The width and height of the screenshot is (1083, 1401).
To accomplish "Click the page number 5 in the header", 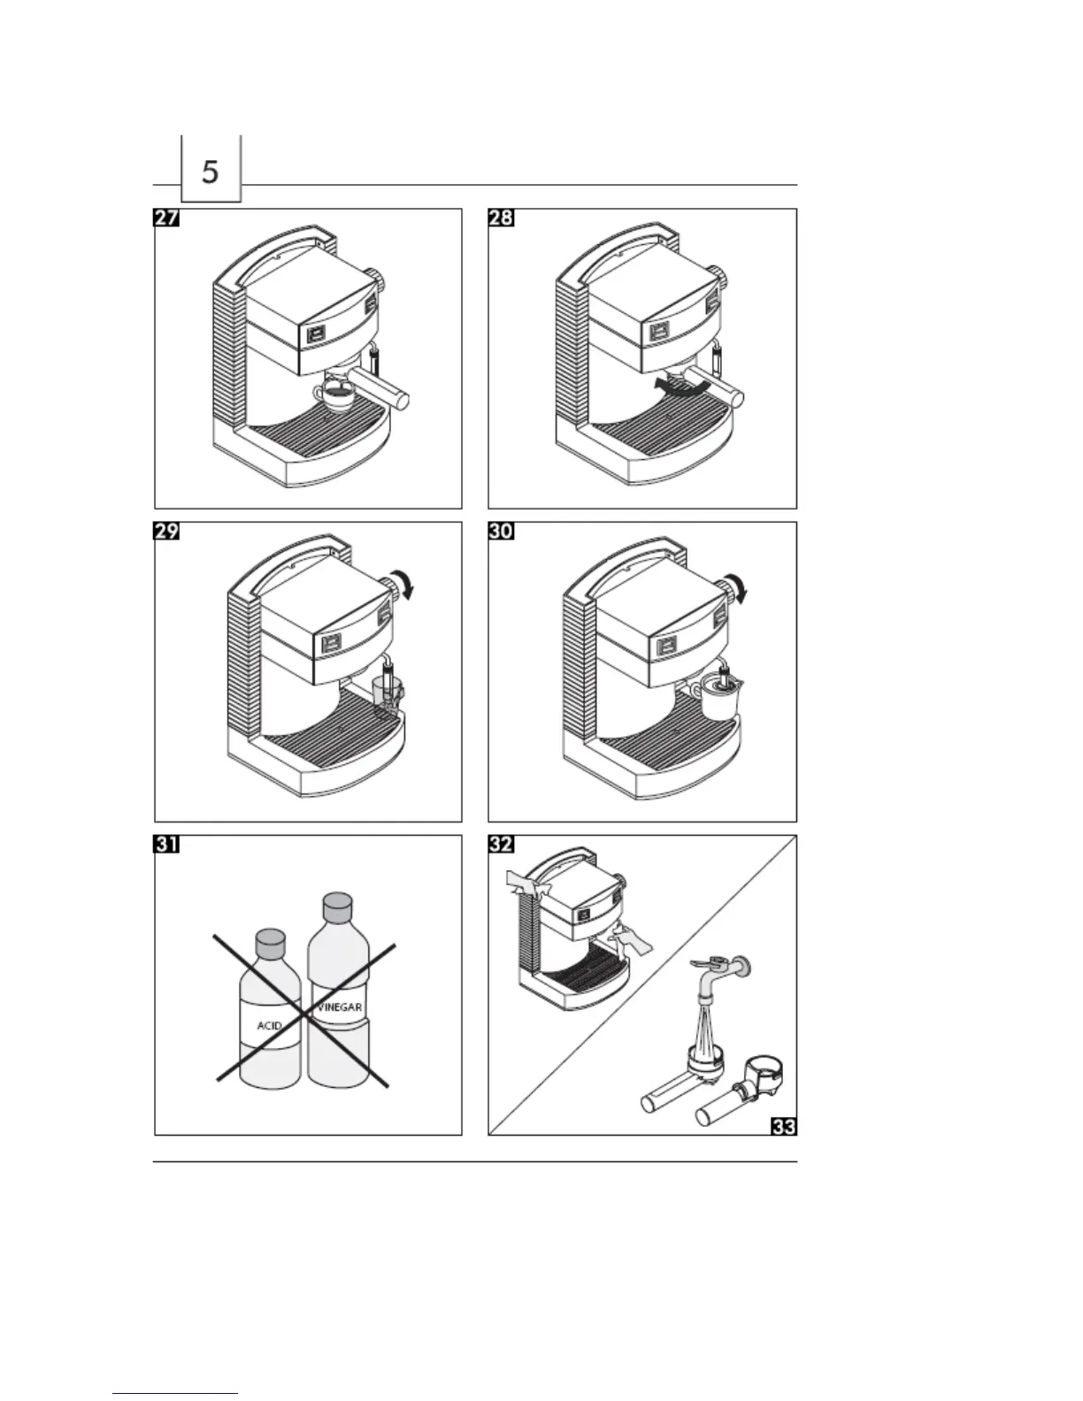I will coord(210,171).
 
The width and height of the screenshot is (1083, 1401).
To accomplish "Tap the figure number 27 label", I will coord(167,218).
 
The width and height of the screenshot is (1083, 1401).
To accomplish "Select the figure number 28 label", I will coord(501,218).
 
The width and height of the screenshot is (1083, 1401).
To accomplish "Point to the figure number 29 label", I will coord(167,532).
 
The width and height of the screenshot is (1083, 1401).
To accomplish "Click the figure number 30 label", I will coord(501,532).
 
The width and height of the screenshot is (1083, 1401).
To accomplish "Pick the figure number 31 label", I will coord(167,845).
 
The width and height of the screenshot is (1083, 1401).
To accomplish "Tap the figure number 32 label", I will coord(501,845).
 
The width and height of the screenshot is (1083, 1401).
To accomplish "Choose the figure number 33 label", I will coord(784,1126).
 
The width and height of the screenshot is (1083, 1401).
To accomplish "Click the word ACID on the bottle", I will coord(269,1026).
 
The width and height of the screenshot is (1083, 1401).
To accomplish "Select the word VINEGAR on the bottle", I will coord(340,1007).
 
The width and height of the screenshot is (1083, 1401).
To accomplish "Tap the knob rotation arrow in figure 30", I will coord(740,587).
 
